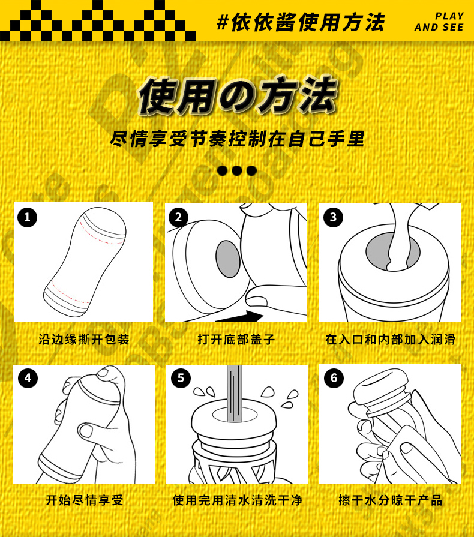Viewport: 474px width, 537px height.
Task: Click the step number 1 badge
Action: pyautogui.click(x=27, y=217)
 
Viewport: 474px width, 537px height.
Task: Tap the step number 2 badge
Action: pyautogui.click(x=178, y=217)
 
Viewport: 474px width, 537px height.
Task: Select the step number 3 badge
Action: pyautogui.click(x=333, y=217)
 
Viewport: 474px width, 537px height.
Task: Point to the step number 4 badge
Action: pyautogui.click(x=28, y=378)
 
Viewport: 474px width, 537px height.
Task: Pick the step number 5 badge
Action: pyautogui.click(x=181, y=378)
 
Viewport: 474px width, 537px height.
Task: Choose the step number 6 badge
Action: pyautogui.click(x=334, y=378)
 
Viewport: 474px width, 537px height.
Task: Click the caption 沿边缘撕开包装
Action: pyautogui.click(x=83, y=340)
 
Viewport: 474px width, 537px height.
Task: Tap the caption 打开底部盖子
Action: pyautogui.click(x=236, y=340)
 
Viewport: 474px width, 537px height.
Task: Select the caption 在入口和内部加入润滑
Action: pyautogui.click(x=391, y=340)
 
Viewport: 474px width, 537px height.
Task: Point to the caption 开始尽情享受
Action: pyautogui.click(x=84, y=500)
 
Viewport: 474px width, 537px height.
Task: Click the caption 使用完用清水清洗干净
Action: pyautogui.click(x=238, y=500)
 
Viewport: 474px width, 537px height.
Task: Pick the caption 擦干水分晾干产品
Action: pyautogui.click(x=391, y=500)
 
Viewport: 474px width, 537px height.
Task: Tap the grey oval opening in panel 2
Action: pyautogui.click(x=228, y=259)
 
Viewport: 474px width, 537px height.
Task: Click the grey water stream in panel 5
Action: pyautogui.click(x=234, y=393)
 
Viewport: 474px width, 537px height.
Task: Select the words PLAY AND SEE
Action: pyautogui.click(x=439, y=22)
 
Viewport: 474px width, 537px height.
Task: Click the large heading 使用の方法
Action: pyautogui.click(x=238, y=95)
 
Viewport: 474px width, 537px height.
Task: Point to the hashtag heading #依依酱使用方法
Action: pyautogui.click(x=301, y=22)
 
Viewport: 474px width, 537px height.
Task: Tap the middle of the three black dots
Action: pyautogui.click(x=236, y=170)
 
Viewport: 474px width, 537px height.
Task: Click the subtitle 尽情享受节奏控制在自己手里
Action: pyautogui.click(x=237, y=139)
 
